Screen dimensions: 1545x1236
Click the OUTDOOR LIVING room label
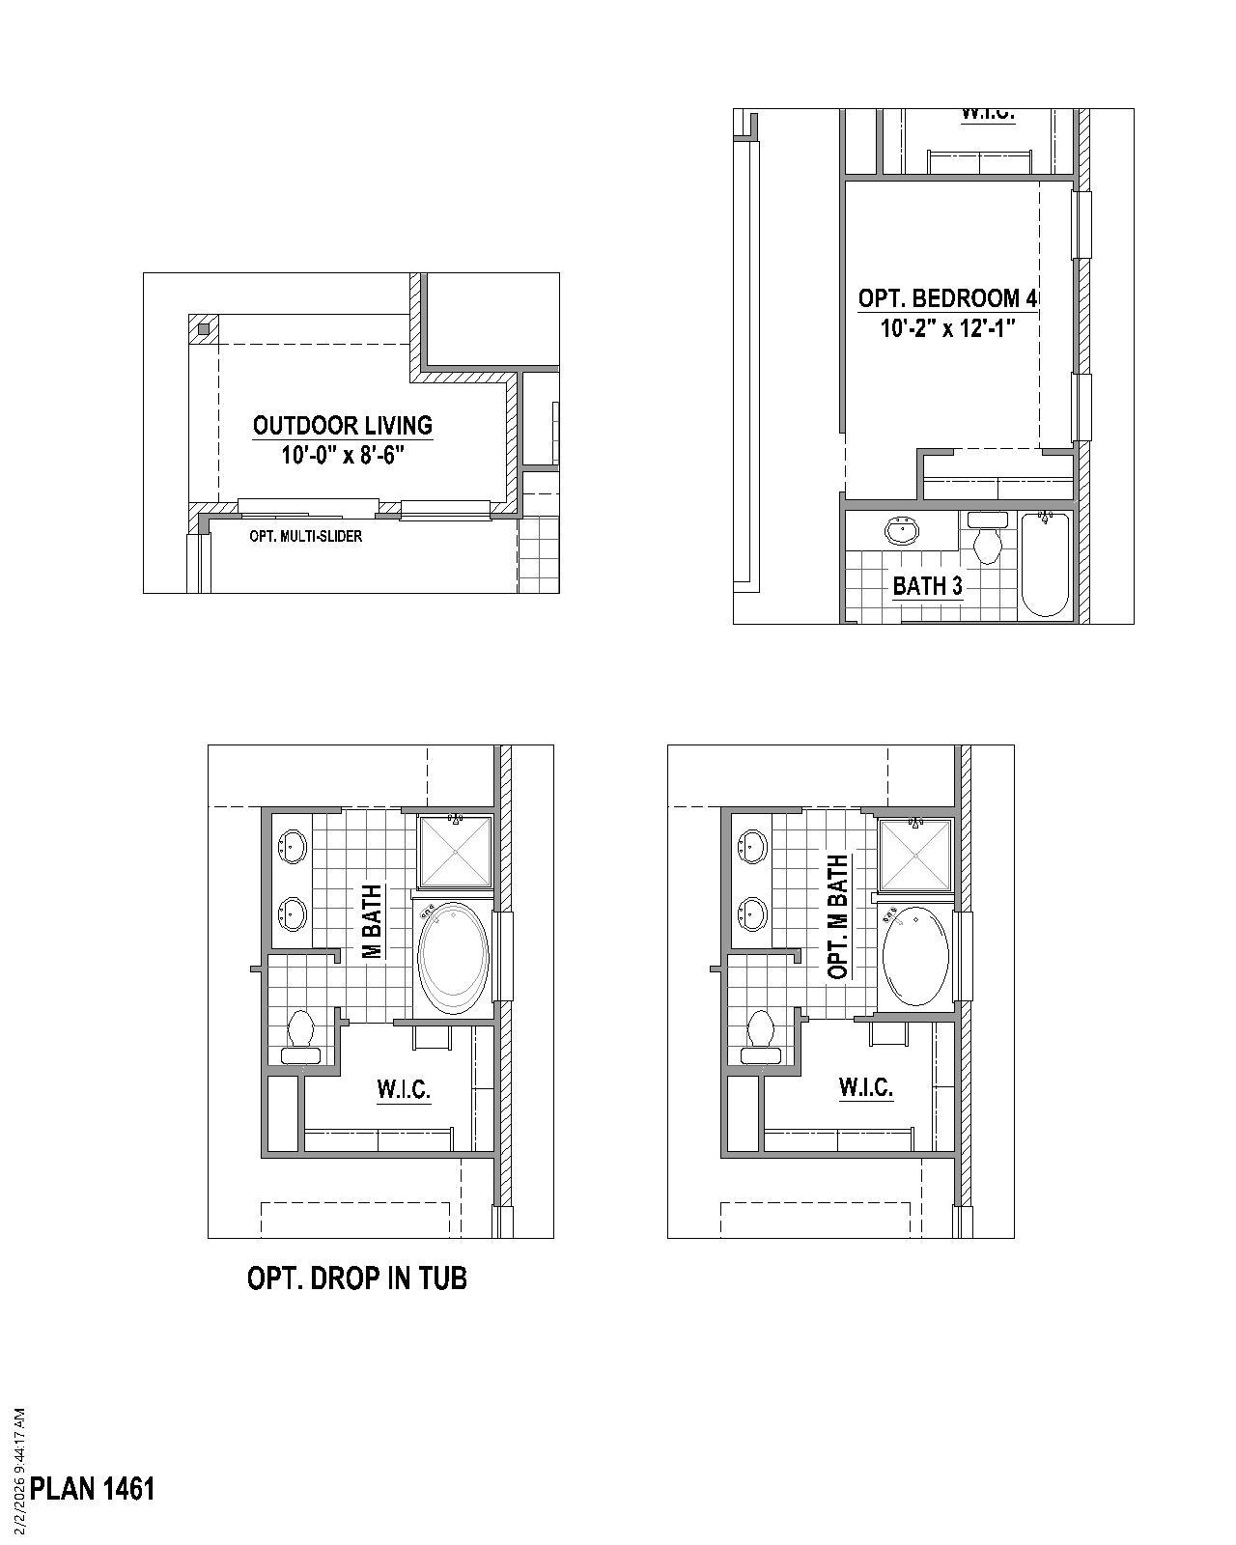coord(342,425)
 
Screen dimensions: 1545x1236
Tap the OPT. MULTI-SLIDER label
coord(305,536)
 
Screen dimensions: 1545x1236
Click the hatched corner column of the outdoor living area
coord(203,329)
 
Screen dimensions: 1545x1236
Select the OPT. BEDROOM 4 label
coord(947,298)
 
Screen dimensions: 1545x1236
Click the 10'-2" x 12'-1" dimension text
coord(947,328)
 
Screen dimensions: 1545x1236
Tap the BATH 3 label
coord(927,585)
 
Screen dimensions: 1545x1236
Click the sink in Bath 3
coord(902,530)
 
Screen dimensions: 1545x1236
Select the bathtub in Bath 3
coord(1045,565)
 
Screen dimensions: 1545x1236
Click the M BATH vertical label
coord(372,922)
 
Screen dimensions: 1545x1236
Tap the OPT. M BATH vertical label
coord(838,916)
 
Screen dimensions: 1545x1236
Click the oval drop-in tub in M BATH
coord(453,957)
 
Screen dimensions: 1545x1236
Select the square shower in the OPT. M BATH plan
coord(914,854)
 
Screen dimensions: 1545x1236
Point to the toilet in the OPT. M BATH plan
coord(761,1033)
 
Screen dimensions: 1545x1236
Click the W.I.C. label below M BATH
coord(403,1089)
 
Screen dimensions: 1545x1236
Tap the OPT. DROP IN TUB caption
coord(357,1278)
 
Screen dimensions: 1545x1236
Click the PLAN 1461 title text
coord(93,1488)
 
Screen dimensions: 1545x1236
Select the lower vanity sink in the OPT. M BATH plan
coord(750,913)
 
